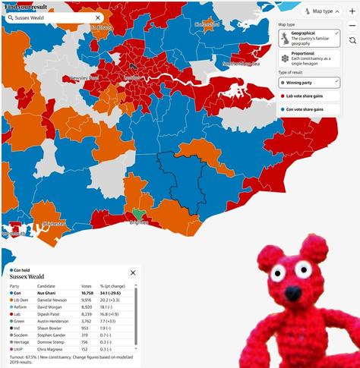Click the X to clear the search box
click(x=98, y=17)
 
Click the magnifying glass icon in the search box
click(x=10, y=17)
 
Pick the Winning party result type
click(x=308, y=82)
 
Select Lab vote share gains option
click(x=308, y=96)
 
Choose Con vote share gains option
click(x=308, y=109)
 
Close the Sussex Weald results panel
click(x=133, y=272)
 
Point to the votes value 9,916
click(x=87, y=300)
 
